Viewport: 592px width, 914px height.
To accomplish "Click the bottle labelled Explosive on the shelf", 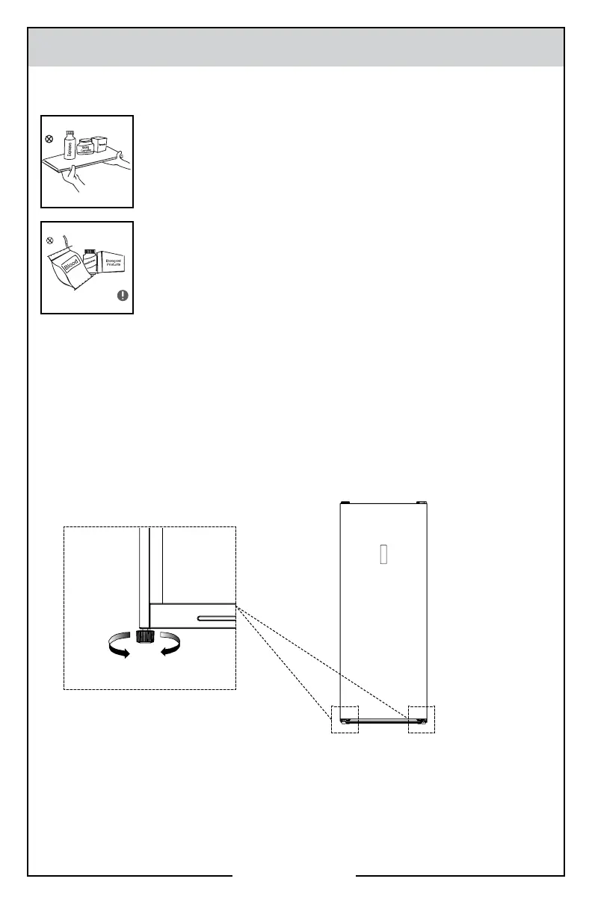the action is [70, 146].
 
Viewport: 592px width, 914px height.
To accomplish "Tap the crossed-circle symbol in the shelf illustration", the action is [49, 138].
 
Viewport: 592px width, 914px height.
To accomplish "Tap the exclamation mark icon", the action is [123, 295].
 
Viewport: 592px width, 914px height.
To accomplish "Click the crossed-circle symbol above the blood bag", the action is [50, 241].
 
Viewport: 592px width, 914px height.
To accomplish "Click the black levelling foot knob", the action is [144, 635].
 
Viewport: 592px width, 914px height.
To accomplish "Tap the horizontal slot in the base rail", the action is [215, 617].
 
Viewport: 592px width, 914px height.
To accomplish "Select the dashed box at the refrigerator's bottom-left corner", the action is [345, 719].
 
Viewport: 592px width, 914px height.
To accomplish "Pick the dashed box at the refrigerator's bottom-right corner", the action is [422, 719].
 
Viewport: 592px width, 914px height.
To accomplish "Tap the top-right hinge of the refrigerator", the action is [421, 503].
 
